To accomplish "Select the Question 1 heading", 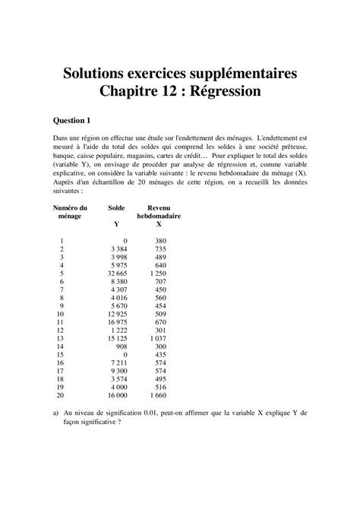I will tap(73, 120).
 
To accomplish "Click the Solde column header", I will tap(116, 207).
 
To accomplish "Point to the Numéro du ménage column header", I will tap(69, 212).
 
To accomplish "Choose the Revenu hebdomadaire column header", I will tap(158, 212).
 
